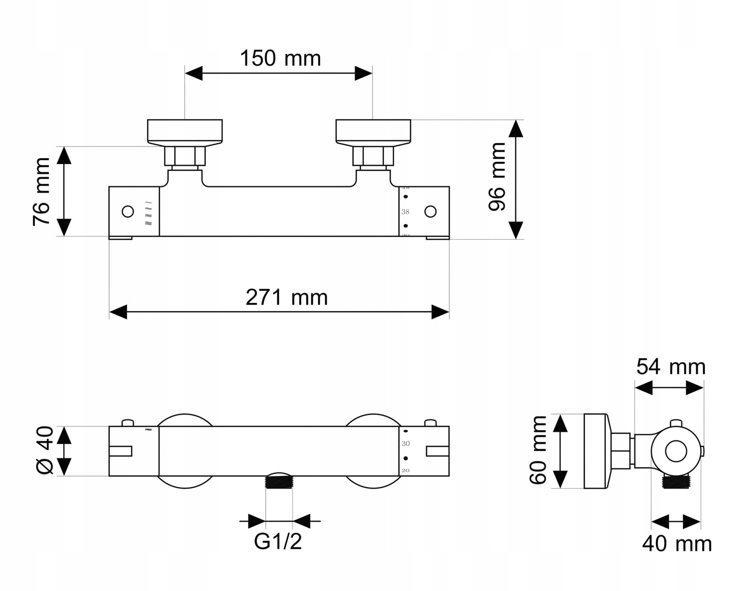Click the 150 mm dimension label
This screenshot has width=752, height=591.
280,58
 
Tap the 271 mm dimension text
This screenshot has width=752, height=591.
287,298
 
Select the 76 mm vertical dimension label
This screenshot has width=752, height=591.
42,192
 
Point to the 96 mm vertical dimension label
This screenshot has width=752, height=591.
497,176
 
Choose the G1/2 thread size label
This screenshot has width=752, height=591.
278,541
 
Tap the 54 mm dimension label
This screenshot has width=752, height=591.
671,367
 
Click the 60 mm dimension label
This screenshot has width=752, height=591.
538,450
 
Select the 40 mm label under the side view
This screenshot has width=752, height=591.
677,544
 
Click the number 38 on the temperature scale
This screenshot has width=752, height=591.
405,212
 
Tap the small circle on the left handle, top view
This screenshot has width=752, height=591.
127,211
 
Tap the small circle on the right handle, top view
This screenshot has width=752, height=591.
430,211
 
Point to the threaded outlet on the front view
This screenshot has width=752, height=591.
279,481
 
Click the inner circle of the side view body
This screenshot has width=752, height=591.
676,451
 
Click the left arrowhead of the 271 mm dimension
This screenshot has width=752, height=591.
118,312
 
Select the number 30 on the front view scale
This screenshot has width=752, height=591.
406,444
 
